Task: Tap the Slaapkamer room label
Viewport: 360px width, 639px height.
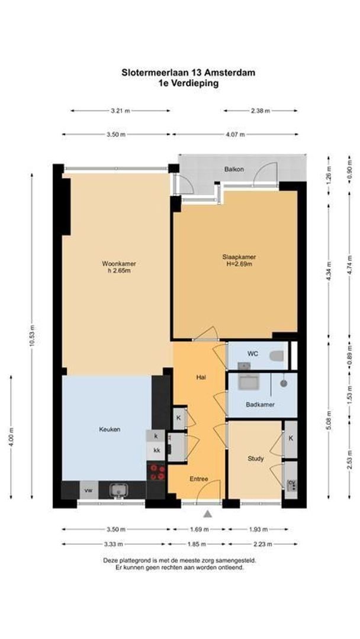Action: tap(239, 257)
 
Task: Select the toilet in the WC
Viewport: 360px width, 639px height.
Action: tap(277, 356)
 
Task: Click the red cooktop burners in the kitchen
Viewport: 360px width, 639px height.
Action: tap(157, 472)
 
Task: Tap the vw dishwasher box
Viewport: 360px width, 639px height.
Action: tap(88, 490)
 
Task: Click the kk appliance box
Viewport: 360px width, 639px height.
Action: tap(156, 451)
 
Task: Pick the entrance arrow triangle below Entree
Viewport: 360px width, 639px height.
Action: tap(208, 514)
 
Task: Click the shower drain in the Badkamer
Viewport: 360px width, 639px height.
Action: tap(284, 383)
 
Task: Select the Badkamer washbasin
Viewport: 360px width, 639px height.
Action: tap(248, 382)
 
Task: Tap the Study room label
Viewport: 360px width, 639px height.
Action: tap(256, 459)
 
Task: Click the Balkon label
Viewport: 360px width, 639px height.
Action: tap(234, 169)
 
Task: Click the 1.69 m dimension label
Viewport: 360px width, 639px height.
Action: tap(199, 530)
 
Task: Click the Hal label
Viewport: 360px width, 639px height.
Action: tap(201, 377)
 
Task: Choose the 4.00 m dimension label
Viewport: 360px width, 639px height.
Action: tap(11, 437)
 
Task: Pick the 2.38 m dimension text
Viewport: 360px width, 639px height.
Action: tap(260, 111)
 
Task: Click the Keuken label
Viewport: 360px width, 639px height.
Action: tap(110, 429)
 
